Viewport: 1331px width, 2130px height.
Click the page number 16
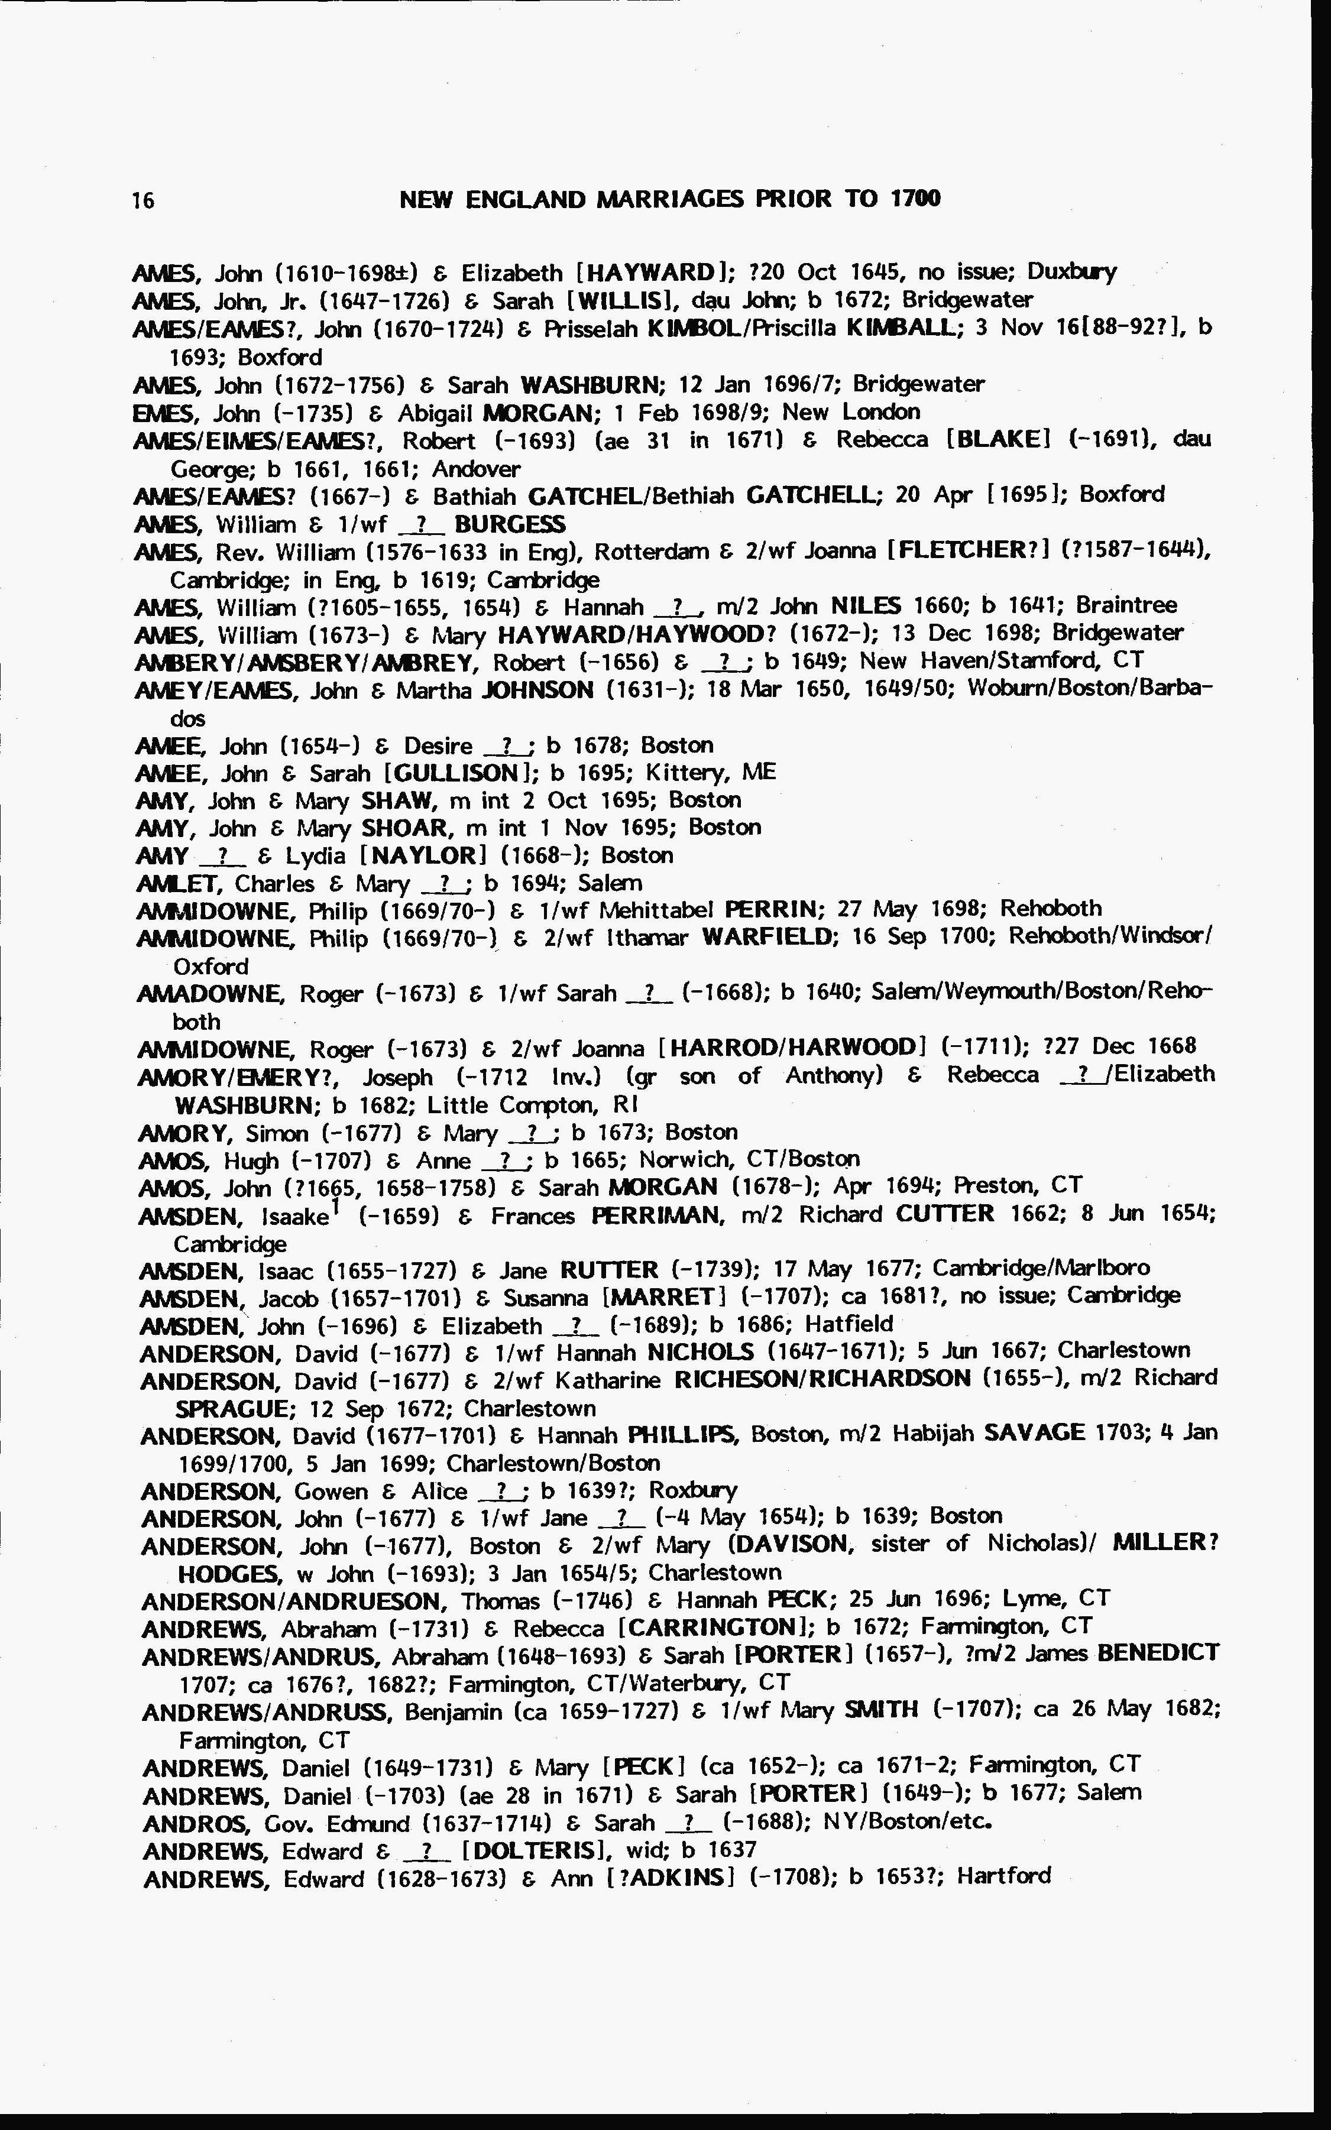143,200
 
